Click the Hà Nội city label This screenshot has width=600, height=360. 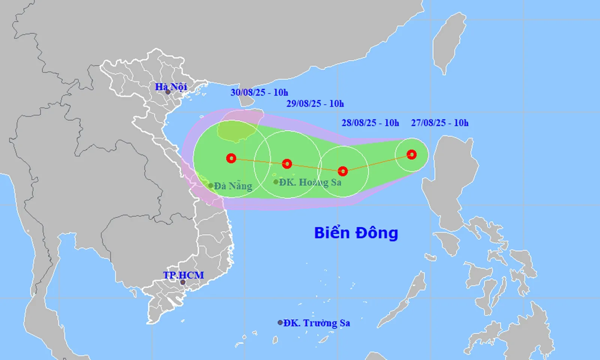pyautogui.click(x=171, y=87)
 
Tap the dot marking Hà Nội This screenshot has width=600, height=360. pyautogui.click(x=168, y=92)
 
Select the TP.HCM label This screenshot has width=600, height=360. pyautogui.click(x=183, y=275)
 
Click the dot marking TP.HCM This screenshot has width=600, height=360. pyautogui.click(x=183, y=282)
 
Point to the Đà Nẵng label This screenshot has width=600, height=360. pyautogui.click(x=233, y=186)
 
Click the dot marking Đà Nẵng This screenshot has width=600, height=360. pyautogui.click(x=211, y=186)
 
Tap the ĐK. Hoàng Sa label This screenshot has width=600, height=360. pyautogui.click(x=310, y=182)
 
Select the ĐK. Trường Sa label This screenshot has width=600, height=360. pyautogui.click(x=316, y=323)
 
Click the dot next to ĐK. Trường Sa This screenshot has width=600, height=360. pyautogui.click(x=280, y=322)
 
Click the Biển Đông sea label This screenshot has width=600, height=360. pyautogui.click(x=356, y=233)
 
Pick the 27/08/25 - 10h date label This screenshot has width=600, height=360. pyautogui.click(x=439, y=123)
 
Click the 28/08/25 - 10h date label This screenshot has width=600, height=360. pyautogui.click(x=370, y=123)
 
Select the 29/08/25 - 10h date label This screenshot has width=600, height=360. pyautogui.click(x=315, y=103)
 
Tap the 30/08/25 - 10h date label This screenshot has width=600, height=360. pyautogui.click(x=259, y=92)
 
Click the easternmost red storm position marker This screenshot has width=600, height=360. pyautogui.click(x=411, y=154)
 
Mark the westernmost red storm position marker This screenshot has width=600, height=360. pyautogui.click(x=231, y=158)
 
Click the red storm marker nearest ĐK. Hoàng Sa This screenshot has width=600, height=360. pyautogui.click(x=287, y=164)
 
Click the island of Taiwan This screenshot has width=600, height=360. pyautogui.click(x=449, y=41)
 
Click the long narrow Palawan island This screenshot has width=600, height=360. pyautogui.click(x=403, y=300)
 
